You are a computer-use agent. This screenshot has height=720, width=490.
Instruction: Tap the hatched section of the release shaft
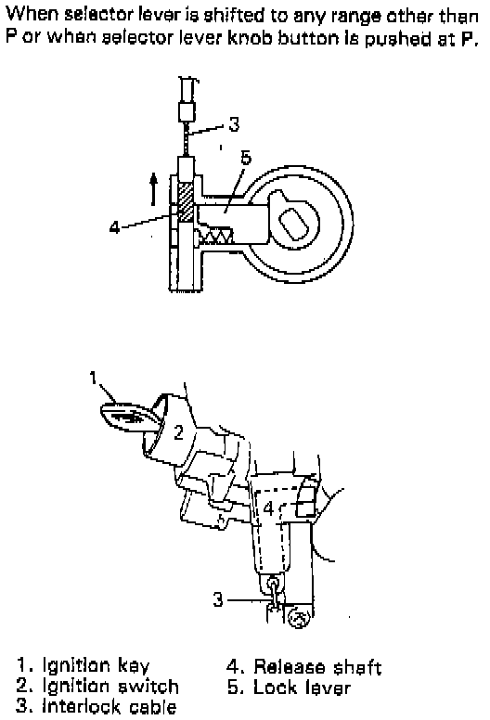click(x=186, y=202)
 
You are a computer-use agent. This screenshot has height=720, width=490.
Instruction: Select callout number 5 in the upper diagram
click(x=246, y=157)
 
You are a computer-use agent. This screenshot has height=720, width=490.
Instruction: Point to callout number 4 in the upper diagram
click(x=114, y=226)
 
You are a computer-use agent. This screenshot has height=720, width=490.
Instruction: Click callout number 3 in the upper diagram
click(x=234, y=124)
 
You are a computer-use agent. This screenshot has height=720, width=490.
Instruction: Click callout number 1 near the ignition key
click(x=93, y=378)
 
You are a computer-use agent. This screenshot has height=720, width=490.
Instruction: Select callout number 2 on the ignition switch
click(x=178, y=432)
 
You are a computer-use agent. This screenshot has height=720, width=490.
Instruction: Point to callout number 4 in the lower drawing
click(x=268, y=508)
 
